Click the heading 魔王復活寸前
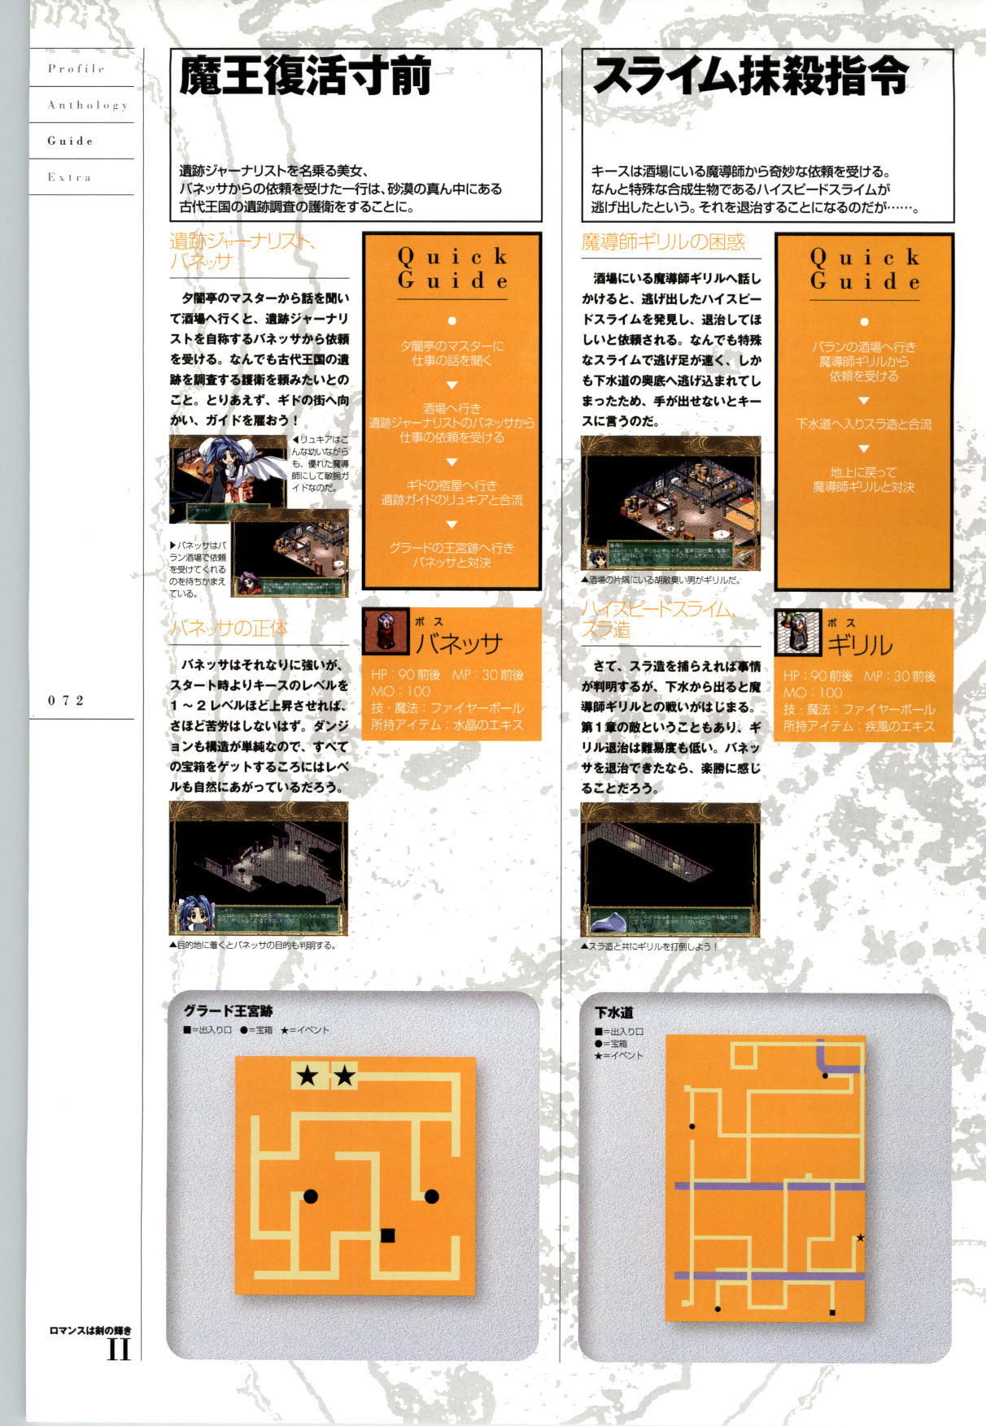coord(305,78)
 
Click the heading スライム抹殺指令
coord(750,78)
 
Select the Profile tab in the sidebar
coord(76,69)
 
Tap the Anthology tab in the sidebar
coord(87,106)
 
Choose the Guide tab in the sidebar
coord(71,141)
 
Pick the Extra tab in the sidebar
coord(69,177)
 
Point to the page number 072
coord(66,701)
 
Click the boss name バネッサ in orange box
coord(459,643)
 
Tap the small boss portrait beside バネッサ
coord(385,632)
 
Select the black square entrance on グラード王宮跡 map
coord(388,1236)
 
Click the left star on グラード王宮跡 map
coord(308,1076)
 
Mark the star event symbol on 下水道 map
coord(860,1238)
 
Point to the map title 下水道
coord(613,1013)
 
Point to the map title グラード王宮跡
coord(228,1011)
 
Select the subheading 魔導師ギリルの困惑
coord(663,241)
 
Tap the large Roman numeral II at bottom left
coord(119,1350)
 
